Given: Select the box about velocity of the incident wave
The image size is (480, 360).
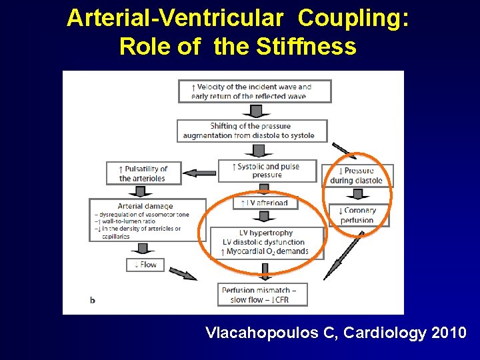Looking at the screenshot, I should (254, 91).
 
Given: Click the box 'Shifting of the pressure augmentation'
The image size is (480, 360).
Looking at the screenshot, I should (252, 131).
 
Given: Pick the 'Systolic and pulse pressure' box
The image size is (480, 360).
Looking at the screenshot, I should (267, 171).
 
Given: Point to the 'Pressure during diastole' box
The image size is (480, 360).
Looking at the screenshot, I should (357, 175).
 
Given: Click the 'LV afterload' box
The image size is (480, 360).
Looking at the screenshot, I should (265, 203).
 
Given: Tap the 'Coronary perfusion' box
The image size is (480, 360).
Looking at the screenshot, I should (358, 215).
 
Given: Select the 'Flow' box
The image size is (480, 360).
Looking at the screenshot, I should (145, 265).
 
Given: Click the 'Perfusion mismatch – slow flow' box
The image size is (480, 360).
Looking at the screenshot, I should (264, 294).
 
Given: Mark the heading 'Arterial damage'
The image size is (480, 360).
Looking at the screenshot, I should (145, 206).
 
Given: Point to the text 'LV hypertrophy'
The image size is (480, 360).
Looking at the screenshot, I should (266, 233).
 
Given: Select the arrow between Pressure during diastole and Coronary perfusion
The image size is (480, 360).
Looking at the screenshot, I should (357, 195).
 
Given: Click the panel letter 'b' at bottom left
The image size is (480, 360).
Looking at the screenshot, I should (93, 300).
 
